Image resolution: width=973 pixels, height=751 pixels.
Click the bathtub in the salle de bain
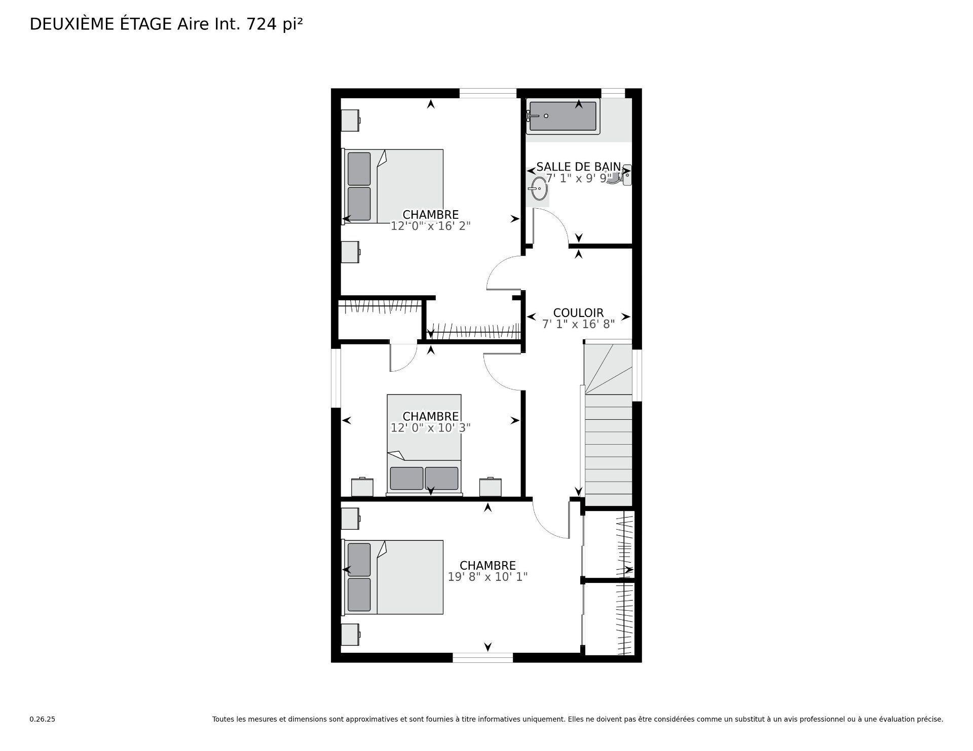point(563,116)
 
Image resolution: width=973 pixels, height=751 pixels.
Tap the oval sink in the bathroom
point(538,190)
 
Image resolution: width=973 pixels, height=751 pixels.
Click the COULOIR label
point(578,312)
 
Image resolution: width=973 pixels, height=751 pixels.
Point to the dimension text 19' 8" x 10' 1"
point(488,576)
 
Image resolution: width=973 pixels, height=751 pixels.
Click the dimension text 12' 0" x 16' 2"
point(430,226)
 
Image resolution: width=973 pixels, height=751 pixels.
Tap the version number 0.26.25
point(42,719)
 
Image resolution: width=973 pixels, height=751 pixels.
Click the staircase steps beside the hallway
point(609,446)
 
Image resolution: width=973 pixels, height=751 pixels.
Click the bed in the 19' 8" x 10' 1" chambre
point(394,577)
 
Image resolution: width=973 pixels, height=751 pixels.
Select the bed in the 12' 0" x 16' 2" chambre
point(394,186)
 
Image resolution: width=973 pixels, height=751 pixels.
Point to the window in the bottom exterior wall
point(482,657)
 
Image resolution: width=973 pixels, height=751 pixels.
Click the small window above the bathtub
point(613,93)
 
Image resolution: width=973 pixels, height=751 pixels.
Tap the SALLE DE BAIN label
point(578,167)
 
